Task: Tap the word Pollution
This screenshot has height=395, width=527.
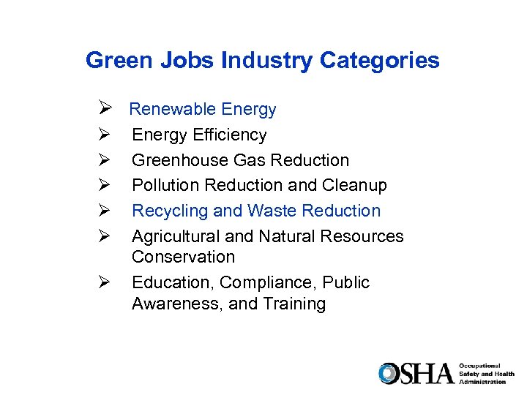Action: pos(165,185)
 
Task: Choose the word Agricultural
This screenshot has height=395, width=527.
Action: pos(176,236)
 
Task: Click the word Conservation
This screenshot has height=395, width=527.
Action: pos(183,257)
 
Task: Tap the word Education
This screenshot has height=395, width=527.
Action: pos(173,282)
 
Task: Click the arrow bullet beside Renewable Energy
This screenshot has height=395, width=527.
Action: pos(103,110)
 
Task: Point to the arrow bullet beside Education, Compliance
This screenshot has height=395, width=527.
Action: pos(103,282)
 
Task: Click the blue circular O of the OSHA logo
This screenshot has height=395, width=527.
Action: pos(389,373)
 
